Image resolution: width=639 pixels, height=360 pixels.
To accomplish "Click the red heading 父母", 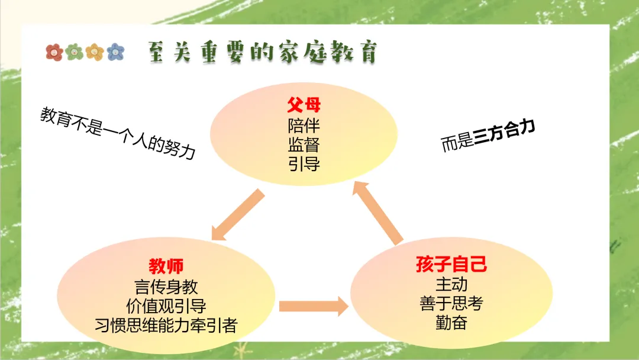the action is coord(304,105).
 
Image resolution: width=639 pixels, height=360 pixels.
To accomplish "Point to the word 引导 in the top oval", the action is coord(304,163).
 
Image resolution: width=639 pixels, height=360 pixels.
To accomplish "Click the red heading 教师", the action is coord(166,266).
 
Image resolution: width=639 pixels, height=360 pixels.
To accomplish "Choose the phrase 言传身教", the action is coord(166,287).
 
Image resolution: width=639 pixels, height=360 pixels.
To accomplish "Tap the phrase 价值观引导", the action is coord(166,306).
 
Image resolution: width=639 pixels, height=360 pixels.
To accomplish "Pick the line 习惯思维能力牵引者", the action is coord(166,325).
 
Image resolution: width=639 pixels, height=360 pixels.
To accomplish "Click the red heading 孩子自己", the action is coord(451,263).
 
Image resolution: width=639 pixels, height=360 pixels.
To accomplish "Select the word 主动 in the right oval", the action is coord(451,284).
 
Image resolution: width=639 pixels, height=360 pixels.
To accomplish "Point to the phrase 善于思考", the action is coord(451,303).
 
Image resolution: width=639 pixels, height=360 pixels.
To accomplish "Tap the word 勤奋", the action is coord(451,323).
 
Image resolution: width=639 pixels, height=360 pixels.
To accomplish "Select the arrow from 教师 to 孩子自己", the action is coord(313,306).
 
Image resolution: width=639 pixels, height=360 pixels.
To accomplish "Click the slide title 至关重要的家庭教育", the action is coord(261,53).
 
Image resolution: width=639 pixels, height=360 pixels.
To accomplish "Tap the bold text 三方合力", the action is coord(505,133).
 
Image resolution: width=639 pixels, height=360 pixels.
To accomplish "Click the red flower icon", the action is coord(54,52).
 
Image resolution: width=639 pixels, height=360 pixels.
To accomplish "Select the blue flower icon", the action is coord(116,52).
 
